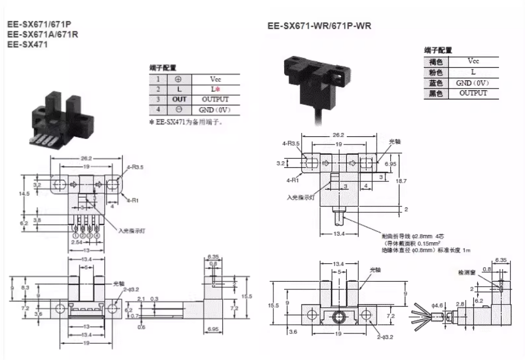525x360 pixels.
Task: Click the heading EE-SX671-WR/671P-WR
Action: [319, 25]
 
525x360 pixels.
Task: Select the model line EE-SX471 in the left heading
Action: [27, 45]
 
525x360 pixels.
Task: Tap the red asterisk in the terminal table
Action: [217, 89]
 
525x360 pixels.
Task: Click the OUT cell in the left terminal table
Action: [179, 99]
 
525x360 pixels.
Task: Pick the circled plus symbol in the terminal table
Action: [179, 79]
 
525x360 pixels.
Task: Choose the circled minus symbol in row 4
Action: [179, 110]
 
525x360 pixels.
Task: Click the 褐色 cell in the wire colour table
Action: [436, 62]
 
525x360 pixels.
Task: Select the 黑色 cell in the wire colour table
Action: [436, 93]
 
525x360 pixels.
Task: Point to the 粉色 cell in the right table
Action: [436, 72]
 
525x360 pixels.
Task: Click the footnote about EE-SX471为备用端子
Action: [186, 122]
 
